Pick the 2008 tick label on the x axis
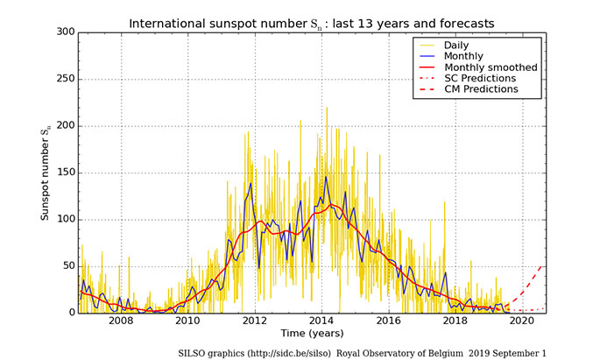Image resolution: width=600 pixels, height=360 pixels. pyautogui.click(x=120, y=322)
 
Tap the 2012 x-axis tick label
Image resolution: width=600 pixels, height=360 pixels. pyautogui.click(x=254, y=322)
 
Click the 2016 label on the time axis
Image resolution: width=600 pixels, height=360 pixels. pyautogui.click(x=388, y=322)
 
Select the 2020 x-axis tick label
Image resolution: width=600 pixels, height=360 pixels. pyautogui.click(x=522, y=322)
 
